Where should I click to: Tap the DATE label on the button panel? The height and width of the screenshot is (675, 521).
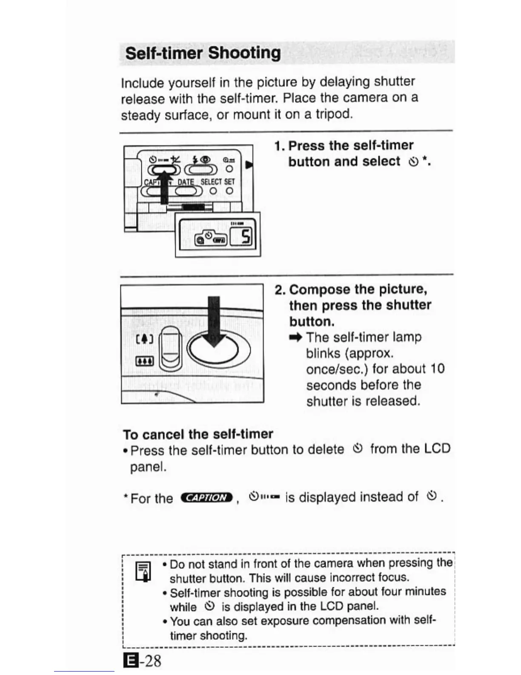[x=186, y=182]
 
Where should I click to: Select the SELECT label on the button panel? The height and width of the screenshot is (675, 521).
[x=211, y=182]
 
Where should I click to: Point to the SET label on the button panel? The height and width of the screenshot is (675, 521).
[x=229, y=182]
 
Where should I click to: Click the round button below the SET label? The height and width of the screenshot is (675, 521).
[x=229, y=191]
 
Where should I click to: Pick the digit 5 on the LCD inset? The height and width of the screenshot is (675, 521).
[x=246, y=236]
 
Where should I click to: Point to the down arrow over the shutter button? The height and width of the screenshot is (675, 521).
[x=214, y=322]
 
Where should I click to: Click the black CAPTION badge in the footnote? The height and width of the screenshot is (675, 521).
[x=207, y=497]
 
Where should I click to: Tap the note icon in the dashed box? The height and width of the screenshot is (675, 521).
[x=143, y=571]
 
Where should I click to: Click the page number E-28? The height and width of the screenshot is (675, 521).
[x=142, y=661]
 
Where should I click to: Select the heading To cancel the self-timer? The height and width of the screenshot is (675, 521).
[x=198, y=434]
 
